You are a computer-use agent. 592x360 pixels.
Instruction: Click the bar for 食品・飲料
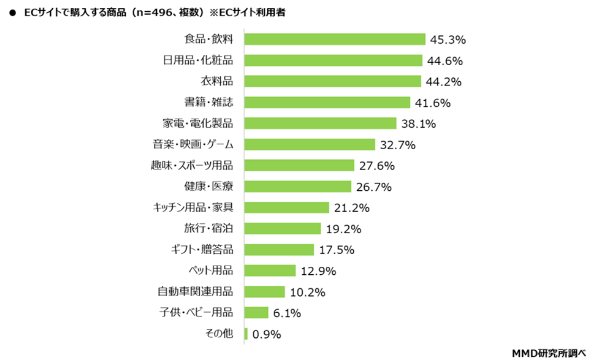(x=334, y=39)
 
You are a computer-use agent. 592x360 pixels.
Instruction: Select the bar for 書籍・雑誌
(x=327, y=102)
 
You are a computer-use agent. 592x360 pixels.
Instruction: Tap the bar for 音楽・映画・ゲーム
(x=309, y=144)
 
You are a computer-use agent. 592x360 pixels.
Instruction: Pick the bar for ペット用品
(x=270, y=271)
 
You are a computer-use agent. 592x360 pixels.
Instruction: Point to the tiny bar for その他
(x=246, y=334)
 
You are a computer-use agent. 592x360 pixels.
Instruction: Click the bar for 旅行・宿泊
(x=282, y=228)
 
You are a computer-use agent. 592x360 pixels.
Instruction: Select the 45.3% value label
(x=448, y=40)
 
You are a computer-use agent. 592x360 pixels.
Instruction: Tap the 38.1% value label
(x=418, y=124)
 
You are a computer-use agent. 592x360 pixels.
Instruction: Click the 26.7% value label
(x=374, y=187)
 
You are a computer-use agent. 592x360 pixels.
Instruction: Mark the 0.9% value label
(x=266, y=335)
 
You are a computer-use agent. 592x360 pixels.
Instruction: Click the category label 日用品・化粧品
(x=198, y=60)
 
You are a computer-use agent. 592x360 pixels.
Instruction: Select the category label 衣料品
(x=217, y=81)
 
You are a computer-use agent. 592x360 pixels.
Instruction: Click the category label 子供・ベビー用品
(x=195, y=312)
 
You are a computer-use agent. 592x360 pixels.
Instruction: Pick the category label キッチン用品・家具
(x=193, y=207)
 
